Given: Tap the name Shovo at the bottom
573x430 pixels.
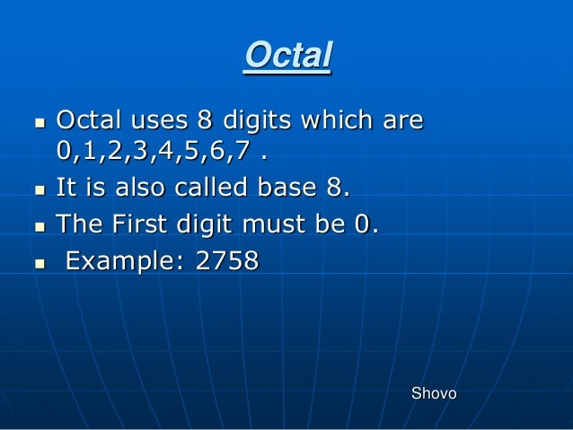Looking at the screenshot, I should [433, 393].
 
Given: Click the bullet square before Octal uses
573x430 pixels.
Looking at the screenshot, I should [36, 121].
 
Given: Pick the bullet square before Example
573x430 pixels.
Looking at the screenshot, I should [36, 264].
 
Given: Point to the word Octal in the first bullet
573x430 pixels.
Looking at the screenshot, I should [85, 119].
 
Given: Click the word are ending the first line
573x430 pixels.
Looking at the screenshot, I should [400, 121].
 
